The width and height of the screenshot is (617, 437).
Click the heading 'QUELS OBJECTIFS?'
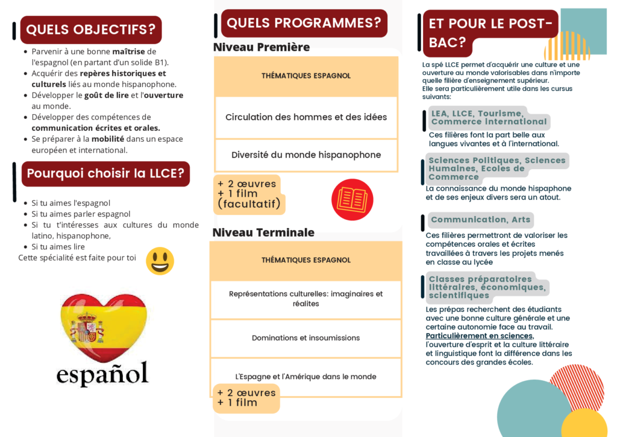(x=91, y=30)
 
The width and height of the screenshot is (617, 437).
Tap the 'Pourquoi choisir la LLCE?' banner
(x=105, y=174)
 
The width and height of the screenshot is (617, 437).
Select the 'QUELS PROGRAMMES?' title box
(x=304, y=24)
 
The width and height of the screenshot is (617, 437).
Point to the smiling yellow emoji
(x=160, y=261)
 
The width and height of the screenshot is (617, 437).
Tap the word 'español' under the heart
(x=102, y=374)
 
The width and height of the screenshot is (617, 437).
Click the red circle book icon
(x=352, y=200)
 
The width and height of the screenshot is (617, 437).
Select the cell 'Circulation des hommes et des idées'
(x=306, y=117)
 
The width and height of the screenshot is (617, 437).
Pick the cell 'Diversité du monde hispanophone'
(x=306, y=155)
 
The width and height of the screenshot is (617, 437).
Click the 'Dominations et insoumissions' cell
(x=305, y=338)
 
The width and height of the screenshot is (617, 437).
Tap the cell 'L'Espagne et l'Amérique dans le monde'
(x=305, y=377)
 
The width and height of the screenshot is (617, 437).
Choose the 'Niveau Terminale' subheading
(x=263, y=232)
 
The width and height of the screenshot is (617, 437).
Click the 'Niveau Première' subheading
(x=262, y=47)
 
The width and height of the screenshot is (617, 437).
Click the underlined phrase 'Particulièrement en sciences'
(x=480, y=336)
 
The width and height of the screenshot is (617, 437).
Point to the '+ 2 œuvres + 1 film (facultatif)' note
(x=249, y=194)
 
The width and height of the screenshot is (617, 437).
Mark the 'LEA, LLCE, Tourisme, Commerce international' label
(x=489, y=118)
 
